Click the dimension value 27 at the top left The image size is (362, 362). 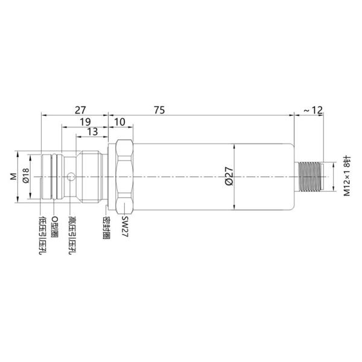coord(79,110)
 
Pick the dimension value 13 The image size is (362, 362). coord(92,132)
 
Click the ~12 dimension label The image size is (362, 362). coord(313,110)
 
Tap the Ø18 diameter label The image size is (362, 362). coord(25,176)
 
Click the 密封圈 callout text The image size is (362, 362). coord(106,227)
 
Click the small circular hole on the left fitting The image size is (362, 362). coord(72,177)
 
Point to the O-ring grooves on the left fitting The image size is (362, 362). coord(56,176)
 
